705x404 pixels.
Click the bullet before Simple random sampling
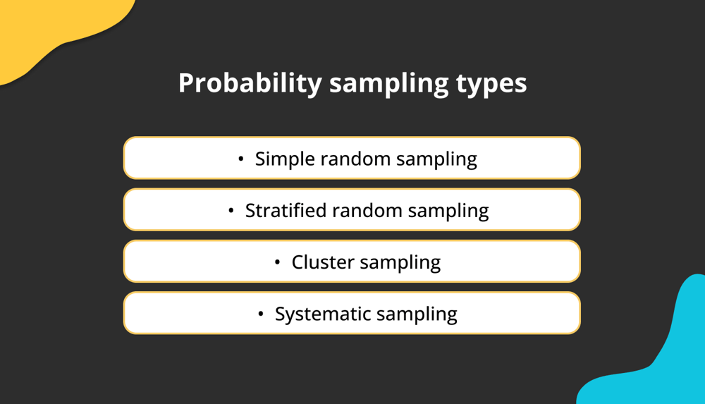[241, 159]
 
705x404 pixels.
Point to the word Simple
[285, 159]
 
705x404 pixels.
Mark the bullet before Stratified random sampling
[231, 210]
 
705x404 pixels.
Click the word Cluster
[322, 262]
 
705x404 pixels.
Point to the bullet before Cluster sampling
[278, 262]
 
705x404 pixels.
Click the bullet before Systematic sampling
[261, 314]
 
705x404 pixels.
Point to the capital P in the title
[185, 83]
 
